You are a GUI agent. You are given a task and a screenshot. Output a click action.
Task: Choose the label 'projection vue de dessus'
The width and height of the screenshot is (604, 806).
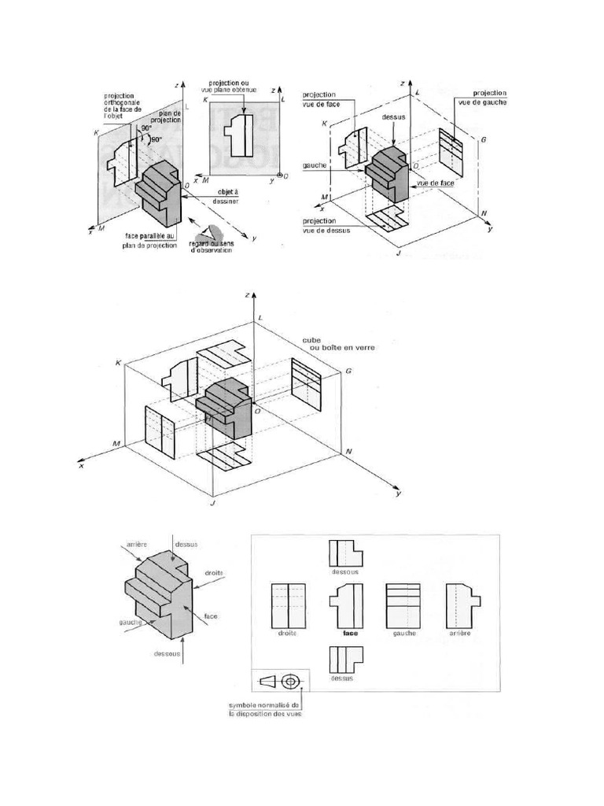click(x=332, y=226)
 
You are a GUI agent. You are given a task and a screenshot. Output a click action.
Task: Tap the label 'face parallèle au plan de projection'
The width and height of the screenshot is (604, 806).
click(x=150, y=239)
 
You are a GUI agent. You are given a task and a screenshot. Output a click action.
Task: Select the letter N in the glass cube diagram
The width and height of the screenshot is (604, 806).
click(x=348, y=452)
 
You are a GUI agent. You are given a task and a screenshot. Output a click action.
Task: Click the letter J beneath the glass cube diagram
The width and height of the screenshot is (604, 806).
click(x=212, y=501)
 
